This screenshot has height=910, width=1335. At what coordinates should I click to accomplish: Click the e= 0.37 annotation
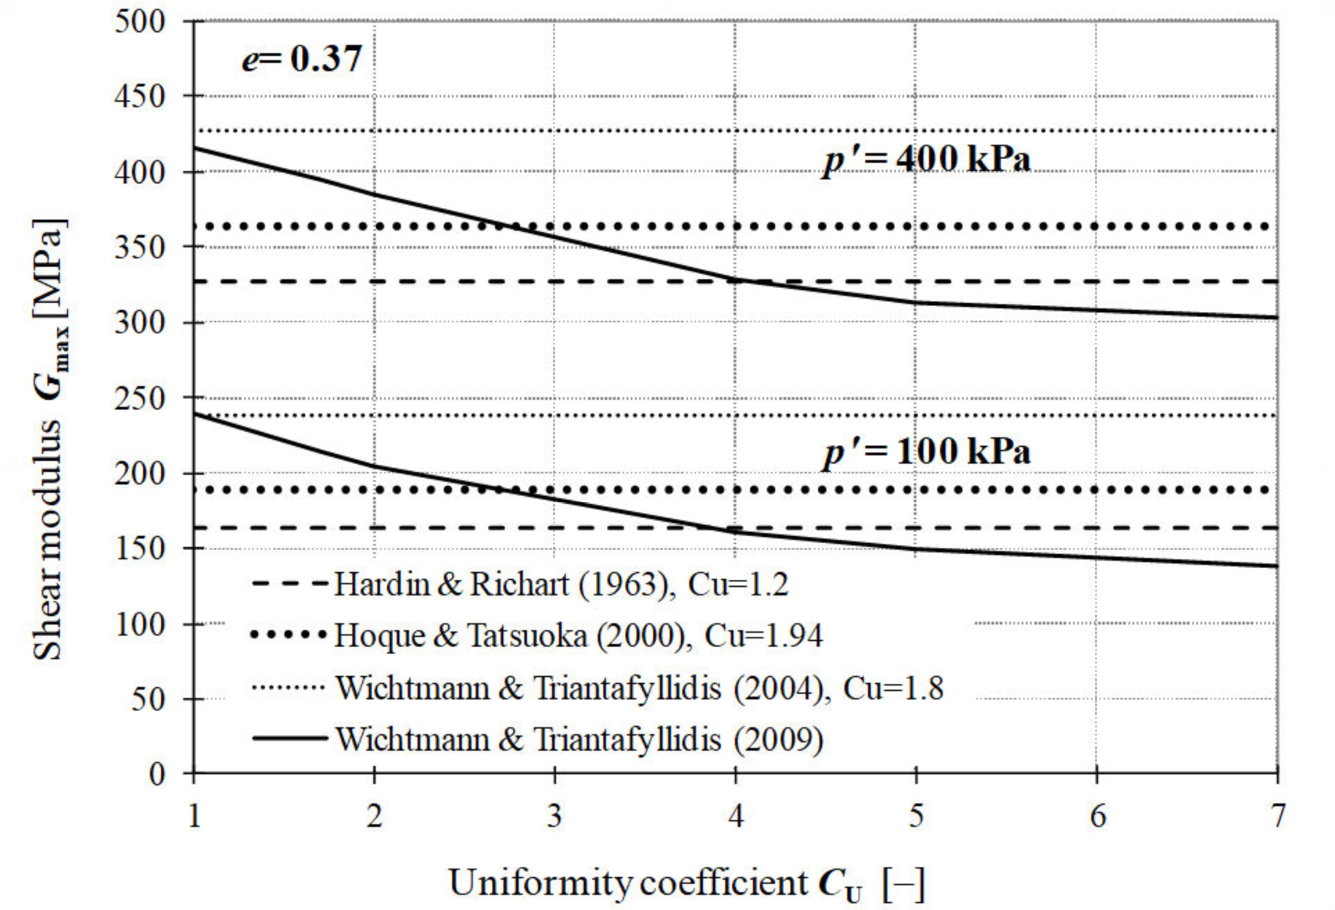pos(302,59)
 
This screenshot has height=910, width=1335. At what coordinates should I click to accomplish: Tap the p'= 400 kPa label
pos(927,160)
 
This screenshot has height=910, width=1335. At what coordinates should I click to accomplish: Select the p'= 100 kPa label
pos(927,452)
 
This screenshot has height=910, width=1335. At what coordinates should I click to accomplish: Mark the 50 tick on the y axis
pos(149,699)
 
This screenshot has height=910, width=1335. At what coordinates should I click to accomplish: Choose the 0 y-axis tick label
pos(157,774)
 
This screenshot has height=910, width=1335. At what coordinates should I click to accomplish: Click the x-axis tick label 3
pos(554,816)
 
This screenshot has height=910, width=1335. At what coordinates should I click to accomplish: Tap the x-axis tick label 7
pos(1277,816)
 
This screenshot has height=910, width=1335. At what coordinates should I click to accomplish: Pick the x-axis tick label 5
pos(916,816)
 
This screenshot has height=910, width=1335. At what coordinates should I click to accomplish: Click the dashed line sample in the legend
pos(289,584)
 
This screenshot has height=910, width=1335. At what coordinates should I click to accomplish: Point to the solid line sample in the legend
pos(289,738)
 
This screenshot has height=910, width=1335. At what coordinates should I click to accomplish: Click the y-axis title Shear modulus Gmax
pos(49,438)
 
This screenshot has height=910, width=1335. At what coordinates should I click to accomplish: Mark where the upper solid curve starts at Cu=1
pos(194,148)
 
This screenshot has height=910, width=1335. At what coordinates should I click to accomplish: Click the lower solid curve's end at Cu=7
pos(1276,566)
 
